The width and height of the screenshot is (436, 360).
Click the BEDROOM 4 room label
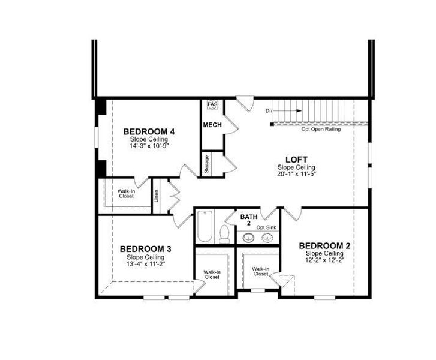[x=149, y=131]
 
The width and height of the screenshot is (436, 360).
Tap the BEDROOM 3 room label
[x=146, y=249]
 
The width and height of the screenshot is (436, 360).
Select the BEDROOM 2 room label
[x=324, y=246]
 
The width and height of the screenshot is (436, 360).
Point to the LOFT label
[x=296, y=160]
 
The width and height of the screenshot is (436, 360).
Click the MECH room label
[x=212, y=125]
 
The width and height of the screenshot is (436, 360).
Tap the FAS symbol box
[x=212, y=105]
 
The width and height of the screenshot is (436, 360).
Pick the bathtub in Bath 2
[x=205, y=226]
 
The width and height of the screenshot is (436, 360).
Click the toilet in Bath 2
[x=225, y=233]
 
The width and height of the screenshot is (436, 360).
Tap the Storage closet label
[x=207, y=164]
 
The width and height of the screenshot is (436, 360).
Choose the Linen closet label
[x=156, y=196]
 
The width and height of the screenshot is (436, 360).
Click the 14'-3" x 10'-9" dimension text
[x=149, y=146]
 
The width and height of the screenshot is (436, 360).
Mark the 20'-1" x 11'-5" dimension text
[x=296, y=174]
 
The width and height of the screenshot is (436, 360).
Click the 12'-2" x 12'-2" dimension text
[x=324, y=260]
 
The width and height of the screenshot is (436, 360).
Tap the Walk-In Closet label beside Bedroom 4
[x=126, y=193]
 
